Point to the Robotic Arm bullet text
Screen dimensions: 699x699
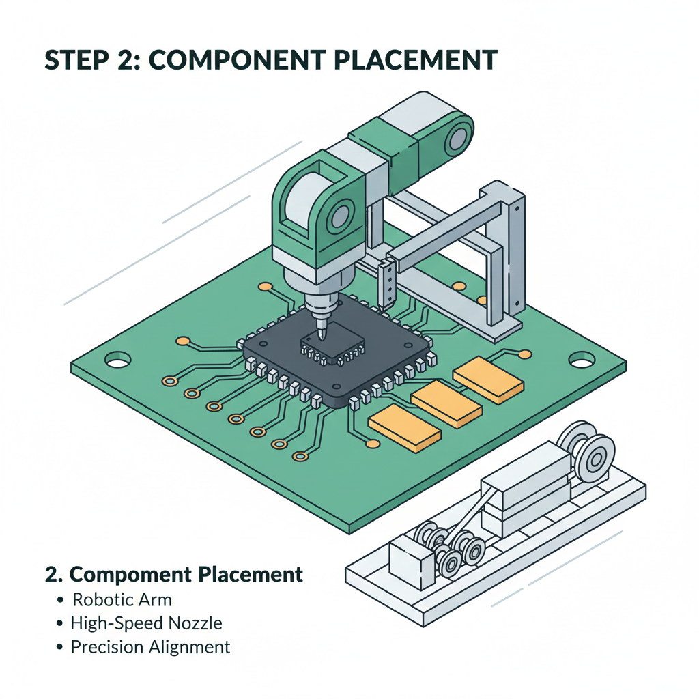[x=122, y=600]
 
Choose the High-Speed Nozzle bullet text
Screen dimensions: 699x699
[x=147, y=623]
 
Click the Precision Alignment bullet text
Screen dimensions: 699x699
[x=151, y=646]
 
